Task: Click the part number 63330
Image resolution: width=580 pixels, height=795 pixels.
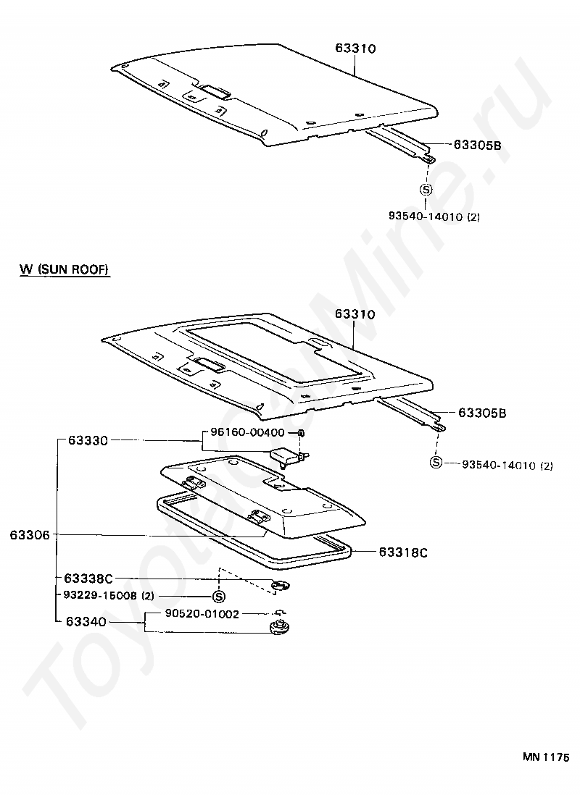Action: pyautogui.click(x=88, y=440)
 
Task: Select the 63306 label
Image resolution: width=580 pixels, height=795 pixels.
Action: pyautogui.click(x=30, y=535)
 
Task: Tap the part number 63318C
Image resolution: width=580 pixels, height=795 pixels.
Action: pyautogui.click(x=403, y=552)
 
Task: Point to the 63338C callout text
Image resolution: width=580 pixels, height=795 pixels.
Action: pyautogui.click(x=88, y=579)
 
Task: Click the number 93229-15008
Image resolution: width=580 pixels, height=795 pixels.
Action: pyautogui.click(x=99, y=596)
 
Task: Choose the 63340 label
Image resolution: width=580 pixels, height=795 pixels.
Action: pyautogui.click(x=86, y=621)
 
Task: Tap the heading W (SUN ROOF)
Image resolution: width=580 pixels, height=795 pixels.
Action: pyautogui.click(x=64, y=269)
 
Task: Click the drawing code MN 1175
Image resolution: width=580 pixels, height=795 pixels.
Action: pyautogui.click(x=546, y=757)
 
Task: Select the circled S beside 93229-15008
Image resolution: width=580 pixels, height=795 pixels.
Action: pyautogui.click(x=218, y=597)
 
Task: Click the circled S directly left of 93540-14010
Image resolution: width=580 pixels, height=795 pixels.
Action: pyautogui.click(x=436, y=463)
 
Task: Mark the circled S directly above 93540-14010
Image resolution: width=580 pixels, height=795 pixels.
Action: pyautogui.click(x=426, y=190)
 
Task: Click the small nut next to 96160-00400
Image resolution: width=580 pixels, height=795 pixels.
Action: pyautogui.click(x=301, y=433)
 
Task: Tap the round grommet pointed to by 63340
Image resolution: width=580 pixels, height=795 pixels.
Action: pyautogui.click(x=278, y=626)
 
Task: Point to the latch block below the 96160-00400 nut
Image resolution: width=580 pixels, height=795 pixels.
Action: pyautogui.click(x=288, y=456)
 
